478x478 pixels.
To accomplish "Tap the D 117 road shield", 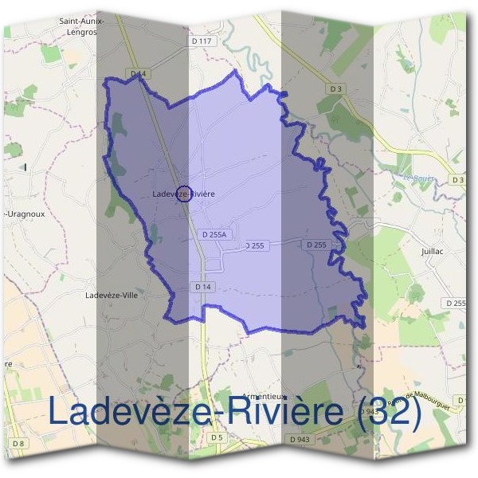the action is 202,41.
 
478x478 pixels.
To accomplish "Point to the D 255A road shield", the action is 214,234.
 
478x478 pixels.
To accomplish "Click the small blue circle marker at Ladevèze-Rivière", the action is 182,194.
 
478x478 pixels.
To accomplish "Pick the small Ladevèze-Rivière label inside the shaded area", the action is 183,194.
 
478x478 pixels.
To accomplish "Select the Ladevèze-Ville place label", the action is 112,294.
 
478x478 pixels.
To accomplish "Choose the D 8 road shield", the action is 18,443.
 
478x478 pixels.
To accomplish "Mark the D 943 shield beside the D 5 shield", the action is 300,439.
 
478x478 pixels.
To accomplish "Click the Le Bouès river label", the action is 418,178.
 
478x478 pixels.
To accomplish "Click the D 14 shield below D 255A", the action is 203,286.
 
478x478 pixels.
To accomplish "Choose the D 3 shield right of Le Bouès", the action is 457,180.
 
